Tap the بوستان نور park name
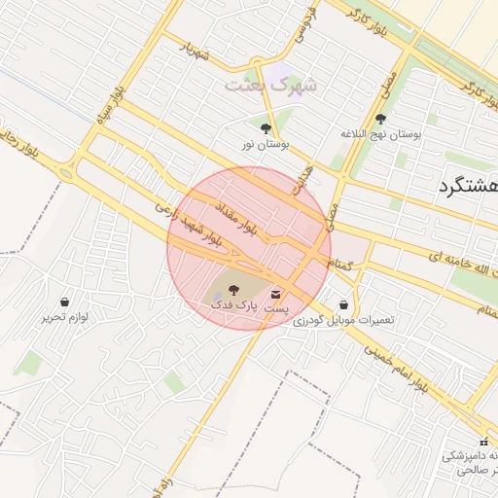(x=267, y=145)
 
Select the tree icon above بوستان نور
(x=267, y=128)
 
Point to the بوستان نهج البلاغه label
(x=380, y=134)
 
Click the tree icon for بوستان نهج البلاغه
(x=379, y=119)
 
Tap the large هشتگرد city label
(x=468, y=186)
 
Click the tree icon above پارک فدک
(x=233, y=290)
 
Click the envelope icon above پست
(x=278, y=293)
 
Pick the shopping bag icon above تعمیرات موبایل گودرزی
(x=343, y=304)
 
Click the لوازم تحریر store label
(x=65, y=317)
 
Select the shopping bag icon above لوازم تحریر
(x=65, y=302)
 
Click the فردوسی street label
(x=310, y=20)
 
